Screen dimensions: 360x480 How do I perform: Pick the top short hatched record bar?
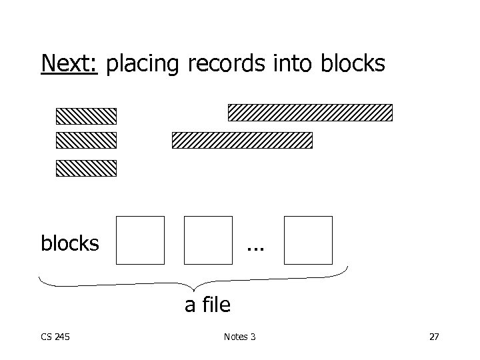click(86, 116)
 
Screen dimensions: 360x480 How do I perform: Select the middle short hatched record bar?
click(86, 140)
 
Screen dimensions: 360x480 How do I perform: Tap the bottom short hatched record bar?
click(86, 168)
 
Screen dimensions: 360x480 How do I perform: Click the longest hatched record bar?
click(310, 112)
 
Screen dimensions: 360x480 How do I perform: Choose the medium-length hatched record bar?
click(242, 140)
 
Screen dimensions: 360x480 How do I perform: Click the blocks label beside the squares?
click(70, 243)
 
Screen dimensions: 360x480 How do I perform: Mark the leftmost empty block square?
click(140, 240)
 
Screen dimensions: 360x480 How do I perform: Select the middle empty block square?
click(208, 240)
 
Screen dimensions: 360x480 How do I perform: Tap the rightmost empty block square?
click(308, 240)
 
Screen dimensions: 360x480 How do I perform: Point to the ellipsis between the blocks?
click(255, 248)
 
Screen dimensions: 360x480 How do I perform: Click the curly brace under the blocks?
click(193, 283)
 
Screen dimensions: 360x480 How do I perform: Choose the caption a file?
click(207, 305)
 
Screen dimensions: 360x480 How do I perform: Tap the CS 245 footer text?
click(55, 337)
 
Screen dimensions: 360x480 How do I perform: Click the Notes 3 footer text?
click(240, 337)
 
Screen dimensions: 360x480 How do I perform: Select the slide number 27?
click(434, 337)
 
